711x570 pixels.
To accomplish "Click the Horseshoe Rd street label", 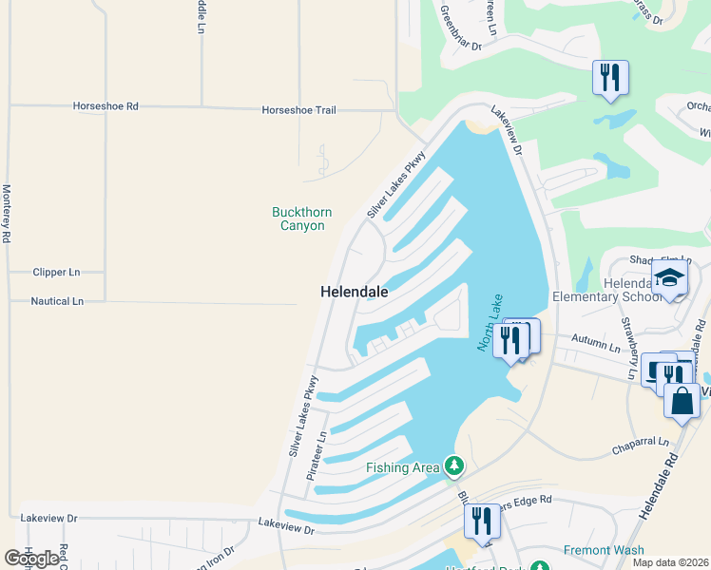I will click(x=106, y=105).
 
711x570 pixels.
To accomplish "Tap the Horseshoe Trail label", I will click(x=298, y=110).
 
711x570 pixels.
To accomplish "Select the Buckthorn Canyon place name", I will click(x=298, y=218).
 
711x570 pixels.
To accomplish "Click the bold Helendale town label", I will click(x=355, y=293).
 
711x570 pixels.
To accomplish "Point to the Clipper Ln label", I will click(x=56, y=272).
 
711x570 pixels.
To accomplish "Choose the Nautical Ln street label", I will click(x=58, y=301).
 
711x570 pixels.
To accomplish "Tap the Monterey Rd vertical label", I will click(x=7, y=214).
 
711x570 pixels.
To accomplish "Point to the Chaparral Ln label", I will click(x=640, y=442).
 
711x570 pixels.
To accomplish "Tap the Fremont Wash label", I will click(x=604, y=550).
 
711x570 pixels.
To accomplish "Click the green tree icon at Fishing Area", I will click(x=454, y=465).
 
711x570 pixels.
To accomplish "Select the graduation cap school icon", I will click(x=669, y=278).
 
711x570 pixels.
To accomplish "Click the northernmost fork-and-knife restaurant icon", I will click(x=608, y=77).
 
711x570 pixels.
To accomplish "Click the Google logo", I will click(x=31, y=559).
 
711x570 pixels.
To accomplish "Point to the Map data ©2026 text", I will click(x=671, y=562).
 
